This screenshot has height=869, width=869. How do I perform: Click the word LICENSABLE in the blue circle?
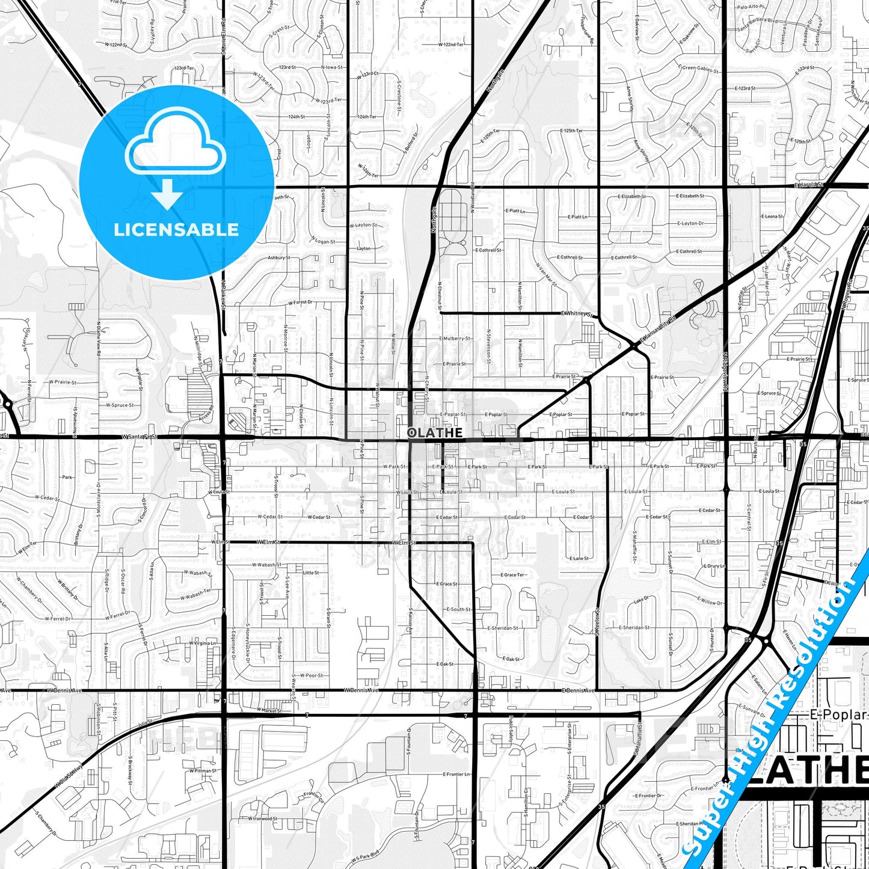176,230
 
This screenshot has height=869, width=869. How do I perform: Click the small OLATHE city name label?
435,432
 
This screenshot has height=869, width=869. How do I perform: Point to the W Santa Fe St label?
139,437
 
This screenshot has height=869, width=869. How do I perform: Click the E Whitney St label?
577,313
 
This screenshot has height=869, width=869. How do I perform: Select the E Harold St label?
808,185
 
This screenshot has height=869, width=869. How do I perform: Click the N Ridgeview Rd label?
726,373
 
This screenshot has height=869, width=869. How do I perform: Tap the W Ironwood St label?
263,818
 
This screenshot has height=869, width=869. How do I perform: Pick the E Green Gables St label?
698,68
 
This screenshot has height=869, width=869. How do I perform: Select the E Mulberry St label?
455,339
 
